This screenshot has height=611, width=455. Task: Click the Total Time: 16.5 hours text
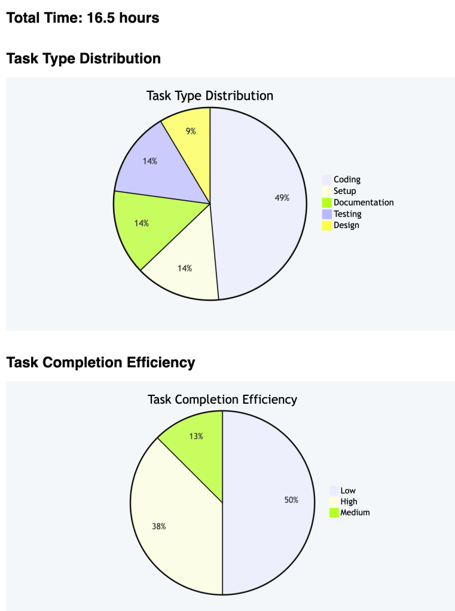[83, 18]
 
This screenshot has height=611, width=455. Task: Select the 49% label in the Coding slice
[282, 198]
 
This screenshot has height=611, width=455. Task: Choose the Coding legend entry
[347, 179]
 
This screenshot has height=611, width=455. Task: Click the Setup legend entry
[344, 191]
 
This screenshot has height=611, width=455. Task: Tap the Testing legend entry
[347, 214]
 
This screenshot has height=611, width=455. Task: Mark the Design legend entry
[346, 225]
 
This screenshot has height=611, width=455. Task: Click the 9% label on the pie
[191, 131]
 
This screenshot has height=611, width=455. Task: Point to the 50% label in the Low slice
[291, 500]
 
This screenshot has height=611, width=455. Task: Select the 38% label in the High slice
[158, 526]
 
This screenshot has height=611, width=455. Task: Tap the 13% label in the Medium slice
[196, 436]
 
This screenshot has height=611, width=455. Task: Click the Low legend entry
[348, 490]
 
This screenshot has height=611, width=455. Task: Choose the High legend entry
[349, 502]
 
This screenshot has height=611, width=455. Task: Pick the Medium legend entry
[355, 512]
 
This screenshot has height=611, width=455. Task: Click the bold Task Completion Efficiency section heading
[100, 362]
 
